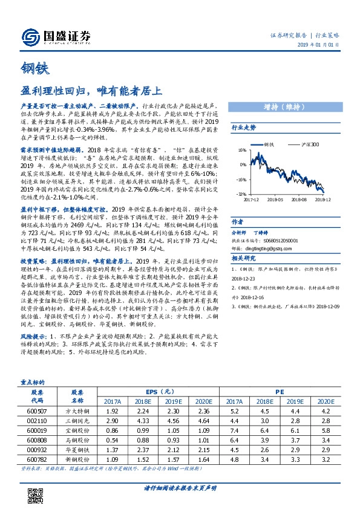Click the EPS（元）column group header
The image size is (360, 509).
click(156, 392)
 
